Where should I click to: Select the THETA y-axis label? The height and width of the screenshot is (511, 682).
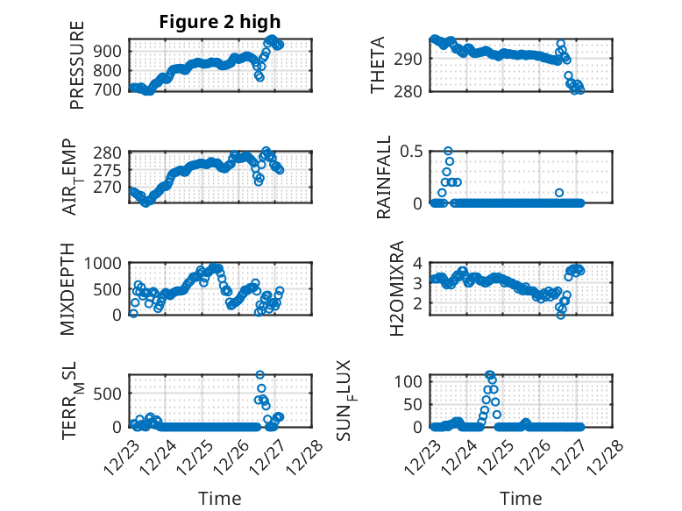(378, 65)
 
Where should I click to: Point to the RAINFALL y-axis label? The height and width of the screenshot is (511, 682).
(384, 176)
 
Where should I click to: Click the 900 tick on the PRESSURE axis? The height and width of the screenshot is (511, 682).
(111, 50)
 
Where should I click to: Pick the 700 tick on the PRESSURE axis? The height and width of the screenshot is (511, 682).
(111, 89)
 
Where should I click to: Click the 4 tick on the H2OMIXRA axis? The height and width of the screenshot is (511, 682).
(418, 263)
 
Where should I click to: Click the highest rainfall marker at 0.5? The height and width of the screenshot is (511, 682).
(448, 151)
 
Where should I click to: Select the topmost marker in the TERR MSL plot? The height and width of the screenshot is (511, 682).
(259, 375)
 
